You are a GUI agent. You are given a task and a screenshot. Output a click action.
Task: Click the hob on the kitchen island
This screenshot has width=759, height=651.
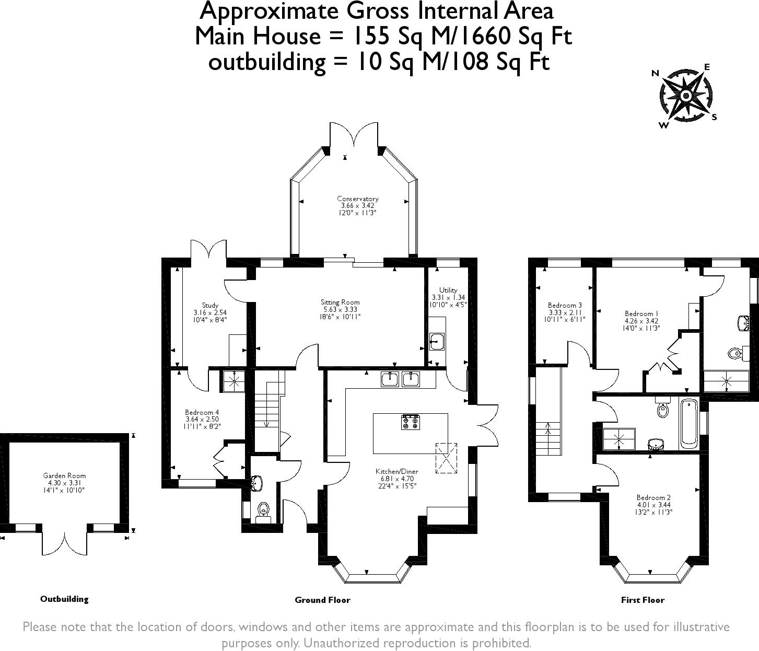click(x=411, y=422)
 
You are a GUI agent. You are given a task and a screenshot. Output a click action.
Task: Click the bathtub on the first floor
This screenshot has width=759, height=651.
click(x=689, y=423)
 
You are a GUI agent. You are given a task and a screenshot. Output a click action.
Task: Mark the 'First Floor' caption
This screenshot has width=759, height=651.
click(x=643, y=600)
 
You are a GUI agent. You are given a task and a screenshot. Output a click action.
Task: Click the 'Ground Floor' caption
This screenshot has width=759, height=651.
click(x=322, y=600)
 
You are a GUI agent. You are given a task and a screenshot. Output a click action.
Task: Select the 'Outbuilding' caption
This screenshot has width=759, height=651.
click(x=64, y=599)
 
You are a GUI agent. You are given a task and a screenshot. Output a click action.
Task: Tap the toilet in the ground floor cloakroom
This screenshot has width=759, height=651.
click(x=264, y=510)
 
